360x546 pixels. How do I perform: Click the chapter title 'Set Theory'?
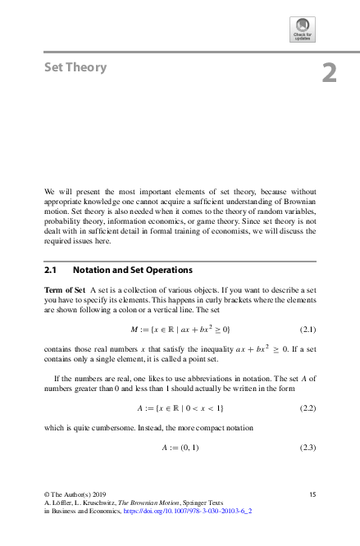coord(75,68)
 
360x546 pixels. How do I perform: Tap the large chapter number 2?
coord(329,73)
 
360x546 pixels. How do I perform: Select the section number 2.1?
coord(51,269)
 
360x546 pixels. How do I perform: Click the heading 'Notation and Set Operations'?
coord(132,269)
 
